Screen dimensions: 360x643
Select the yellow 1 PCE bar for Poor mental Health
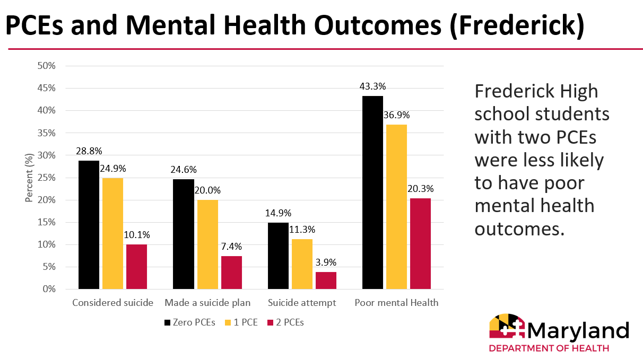(x=396, y=207)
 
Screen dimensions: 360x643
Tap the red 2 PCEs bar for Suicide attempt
(x=326, y=280)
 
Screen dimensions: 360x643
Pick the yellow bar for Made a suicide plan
(x=207, y=244)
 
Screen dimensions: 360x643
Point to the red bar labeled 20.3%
(x=420, y=244)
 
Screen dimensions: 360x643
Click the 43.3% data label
(x=372, y=86)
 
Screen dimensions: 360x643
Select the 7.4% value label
(x=231, y=247)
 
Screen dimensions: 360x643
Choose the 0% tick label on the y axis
(x=49, y=289)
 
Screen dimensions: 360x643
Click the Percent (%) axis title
(x=29, y=178)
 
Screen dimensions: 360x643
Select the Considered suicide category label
(x=112, y=303)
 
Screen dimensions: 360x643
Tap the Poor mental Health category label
(x=396, y=303)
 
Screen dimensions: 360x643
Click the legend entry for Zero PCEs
(x=190, y=322)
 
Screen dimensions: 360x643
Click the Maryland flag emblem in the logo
(x=506, y=327)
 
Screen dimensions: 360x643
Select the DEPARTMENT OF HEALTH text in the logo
(x=549, y=348)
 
